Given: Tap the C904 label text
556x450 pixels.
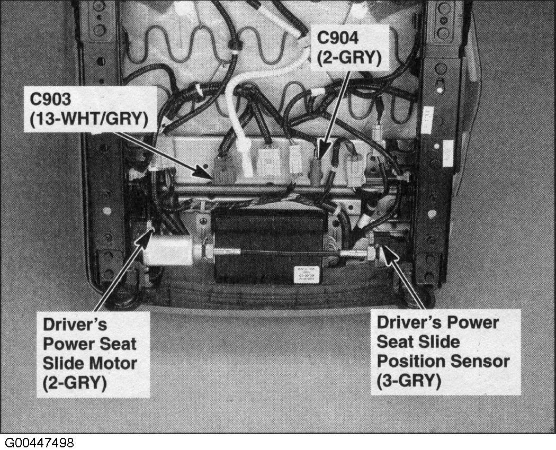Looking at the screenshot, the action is [338, 38].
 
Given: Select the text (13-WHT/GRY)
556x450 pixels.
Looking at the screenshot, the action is [89, 120].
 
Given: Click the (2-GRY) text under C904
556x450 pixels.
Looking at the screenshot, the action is [349, 58].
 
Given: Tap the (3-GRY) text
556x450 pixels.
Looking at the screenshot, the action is [409, 381].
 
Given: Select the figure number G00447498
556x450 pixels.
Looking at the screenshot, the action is [39, 443].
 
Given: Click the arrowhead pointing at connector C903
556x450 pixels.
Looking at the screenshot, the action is [204, 173].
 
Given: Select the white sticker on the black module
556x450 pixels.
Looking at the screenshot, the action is [307, 275].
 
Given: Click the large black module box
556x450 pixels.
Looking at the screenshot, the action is [268, 245].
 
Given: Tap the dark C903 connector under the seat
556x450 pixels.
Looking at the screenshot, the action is [224, 170].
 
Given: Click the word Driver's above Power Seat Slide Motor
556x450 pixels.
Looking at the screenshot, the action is [75, 325].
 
